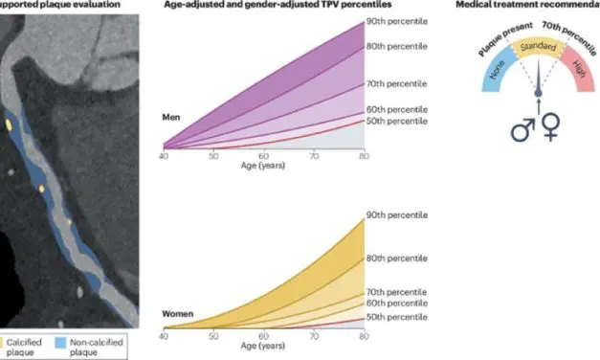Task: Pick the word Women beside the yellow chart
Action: tap(179, 313)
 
